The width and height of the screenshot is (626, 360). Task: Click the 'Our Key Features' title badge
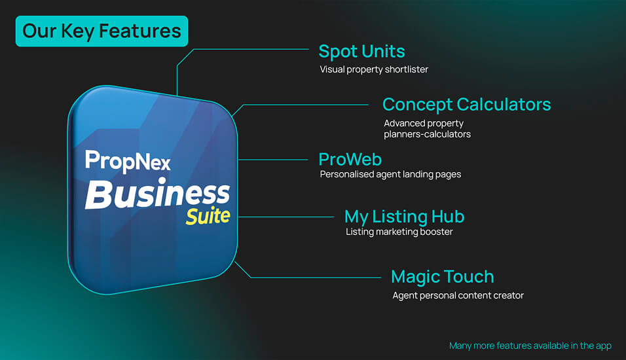(x=101, y=31)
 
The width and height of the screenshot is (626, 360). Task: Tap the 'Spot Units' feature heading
(x=361, y=52)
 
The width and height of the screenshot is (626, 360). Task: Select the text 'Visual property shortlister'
(x=374, y=69)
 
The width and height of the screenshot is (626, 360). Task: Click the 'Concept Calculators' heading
(x=466, y=105)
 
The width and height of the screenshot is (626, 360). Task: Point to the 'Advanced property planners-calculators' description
(x=427, y=128)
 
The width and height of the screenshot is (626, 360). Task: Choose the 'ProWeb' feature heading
(x=350, y=159)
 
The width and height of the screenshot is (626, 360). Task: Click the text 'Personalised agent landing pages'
(x=390, y=174)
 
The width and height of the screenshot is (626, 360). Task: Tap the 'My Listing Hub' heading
(x=405, y=217)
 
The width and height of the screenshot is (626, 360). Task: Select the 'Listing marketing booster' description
(x=399, y=232)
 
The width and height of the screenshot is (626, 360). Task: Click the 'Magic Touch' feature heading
(x=443, y=277)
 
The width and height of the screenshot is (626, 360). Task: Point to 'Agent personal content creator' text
(x=458, y=295)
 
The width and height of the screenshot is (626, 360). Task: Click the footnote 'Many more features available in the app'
(x=530, y=346)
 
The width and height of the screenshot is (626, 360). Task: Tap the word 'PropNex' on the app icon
(x=128, y=161)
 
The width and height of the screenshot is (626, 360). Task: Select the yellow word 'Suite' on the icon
(x=208, y=216)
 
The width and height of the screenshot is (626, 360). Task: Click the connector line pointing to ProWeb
(x=272, y=160)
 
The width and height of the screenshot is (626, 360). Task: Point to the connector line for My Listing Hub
(x=286, y=217)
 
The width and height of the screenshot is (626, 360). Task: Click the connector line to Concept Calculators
(x=300, y=105)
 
